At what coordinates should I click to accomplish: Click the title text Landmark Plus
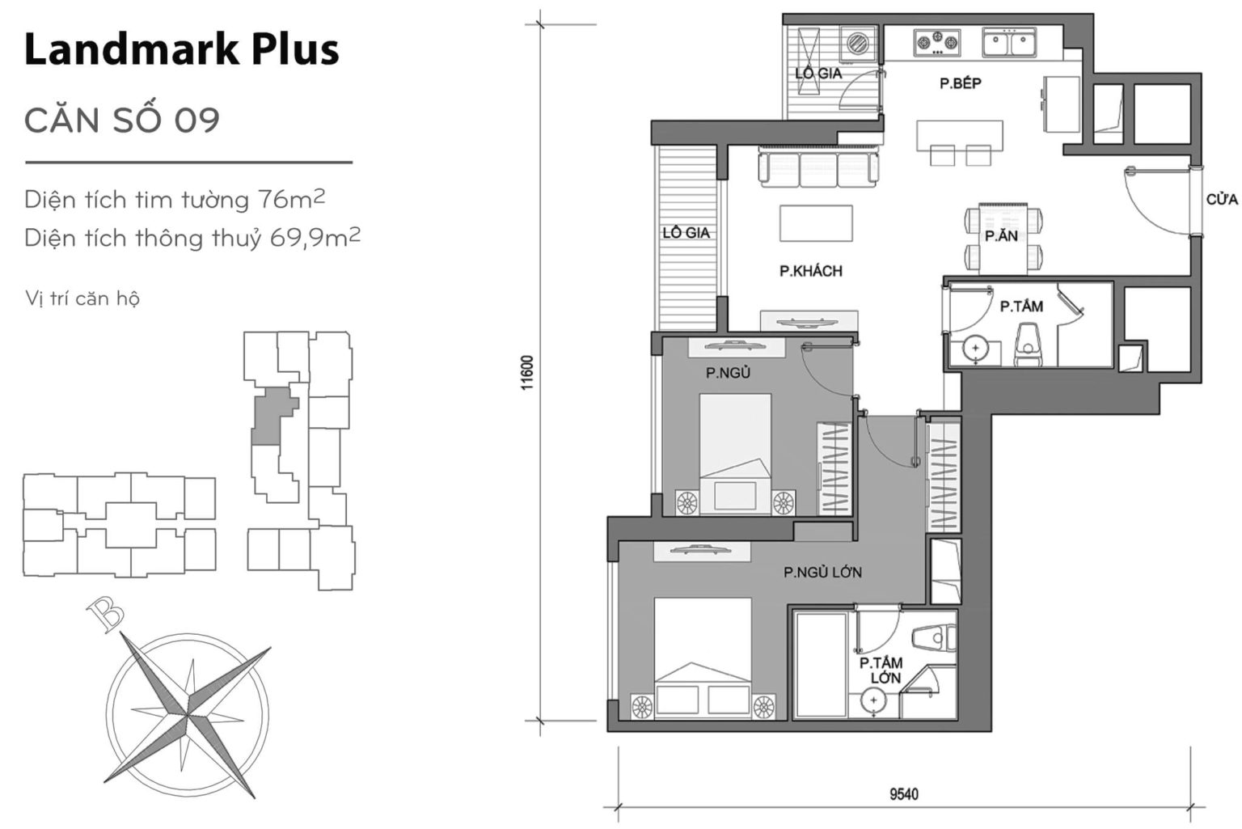pos(181,49)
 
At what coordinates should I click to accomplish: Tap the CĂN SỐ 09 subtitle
pos(122,121)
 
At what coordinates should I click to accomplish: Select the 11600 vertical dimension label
pos(527,373)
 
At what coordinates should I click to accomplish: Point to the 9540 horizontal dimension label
pos(903,793)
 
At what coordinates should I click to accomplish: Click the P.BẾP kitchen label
pos(960,83)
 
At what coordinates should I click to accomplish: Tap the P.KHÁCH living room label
pos(810,271)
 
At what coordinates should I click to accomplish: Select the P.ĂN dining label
pos(1001,236)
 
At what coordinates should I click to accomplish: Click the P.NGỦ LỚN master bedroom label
pos(822,573)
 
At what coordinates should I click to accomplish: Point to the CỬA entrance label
pos(1221,199)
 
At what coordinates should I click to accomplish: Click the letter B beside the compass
pos(105,615)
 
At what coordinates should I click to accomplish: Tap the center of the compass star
pos(188,713)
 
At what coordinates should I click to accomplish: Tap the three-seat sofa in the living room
pos(817,167)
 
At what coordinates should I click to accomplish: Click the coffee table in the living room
pos(815,223)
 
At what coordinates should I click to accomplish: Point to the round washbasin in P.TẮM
pos(977,349)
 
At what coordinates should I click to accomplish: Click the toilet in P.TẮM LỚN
pos(934,638)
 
